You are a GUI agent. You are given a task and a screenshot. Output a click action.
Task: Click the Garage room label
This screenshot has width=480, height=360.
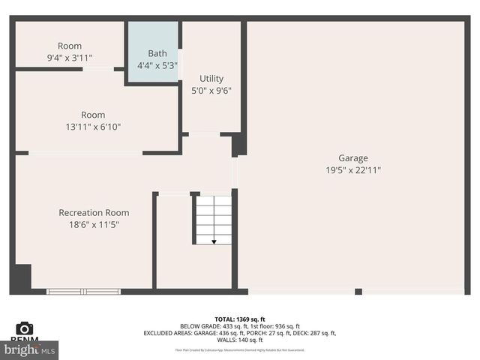click(x=352, y=158)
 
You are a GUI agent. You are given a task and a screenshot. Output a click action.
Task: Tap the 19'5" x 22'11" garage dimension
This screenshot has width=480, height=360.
click(x=352, y=170)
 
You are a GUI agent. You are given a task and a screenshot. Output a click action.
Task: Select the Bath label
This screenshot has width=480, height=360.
click(x=157, y=53)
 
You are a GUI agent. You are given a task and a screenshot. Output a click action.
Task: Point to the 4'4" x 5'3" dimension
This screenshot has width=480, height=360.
click(x=157, y=65)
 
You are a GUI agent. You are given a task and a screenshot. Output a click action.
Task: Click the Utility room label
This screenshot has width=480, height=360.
click(x=211, y=79)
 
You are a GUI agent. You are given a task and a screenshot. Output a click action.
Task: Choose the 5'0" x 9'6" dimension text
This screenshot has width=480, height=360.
click(x=211, y=91)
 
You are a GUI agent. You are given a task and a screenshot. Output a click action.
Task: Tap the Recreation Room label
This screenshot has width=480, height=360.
click(x=94, y=213)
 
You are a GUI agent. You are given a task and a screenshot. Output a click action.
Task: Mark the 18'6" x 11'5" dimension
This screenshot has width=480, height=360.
click(x=94, y=224)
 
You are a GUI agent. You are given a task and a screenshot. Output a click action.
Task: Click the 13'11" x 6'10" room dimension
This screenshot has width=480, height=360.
click(x=93, y=127)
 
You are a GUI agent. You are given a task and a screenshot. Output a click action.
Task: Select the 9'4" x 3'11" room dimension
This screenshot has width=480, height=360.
click(x=69, y=58)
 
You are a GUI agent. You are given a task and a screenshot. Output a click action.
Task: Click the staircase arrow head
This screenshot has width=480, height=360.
click(x=214, y=241)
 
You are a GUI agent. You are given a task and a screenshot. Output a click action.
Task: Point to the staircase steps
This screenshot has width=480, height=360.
click(x=214, y=217)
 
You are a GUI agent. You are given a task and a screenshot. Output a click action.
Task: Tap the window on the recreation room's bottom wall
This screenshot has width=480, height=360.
click(x=83, y=291)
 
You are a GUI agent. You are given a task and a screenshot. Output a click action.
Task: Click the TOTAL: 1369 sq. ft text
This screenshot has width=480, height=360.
click(x=239, y=319)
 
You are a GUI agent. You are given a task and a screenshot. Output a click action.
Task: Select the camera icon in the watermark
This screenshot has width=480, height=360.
click(x=25, y=328)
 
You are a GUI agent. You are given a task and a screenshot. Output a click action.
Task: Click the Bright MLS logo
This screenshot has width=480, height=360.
click(x=30, y=350)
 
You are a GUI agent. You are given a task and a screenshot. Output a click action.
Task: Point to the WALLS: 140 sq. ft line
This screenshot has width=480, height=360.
click(x=239, y=340)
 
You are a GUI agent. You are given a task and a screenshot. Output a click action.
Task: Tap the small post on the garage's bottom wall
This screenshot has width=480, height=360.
click(x=358, y=292)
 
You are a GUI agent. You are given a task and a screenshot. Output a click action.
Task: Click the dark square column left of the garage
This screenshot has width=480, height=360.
click(x=238, y=143)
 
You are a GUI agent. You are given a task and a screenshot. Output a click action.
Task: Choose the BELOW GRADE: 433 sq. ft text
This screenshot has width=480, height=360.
click(x=210, y=326)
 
